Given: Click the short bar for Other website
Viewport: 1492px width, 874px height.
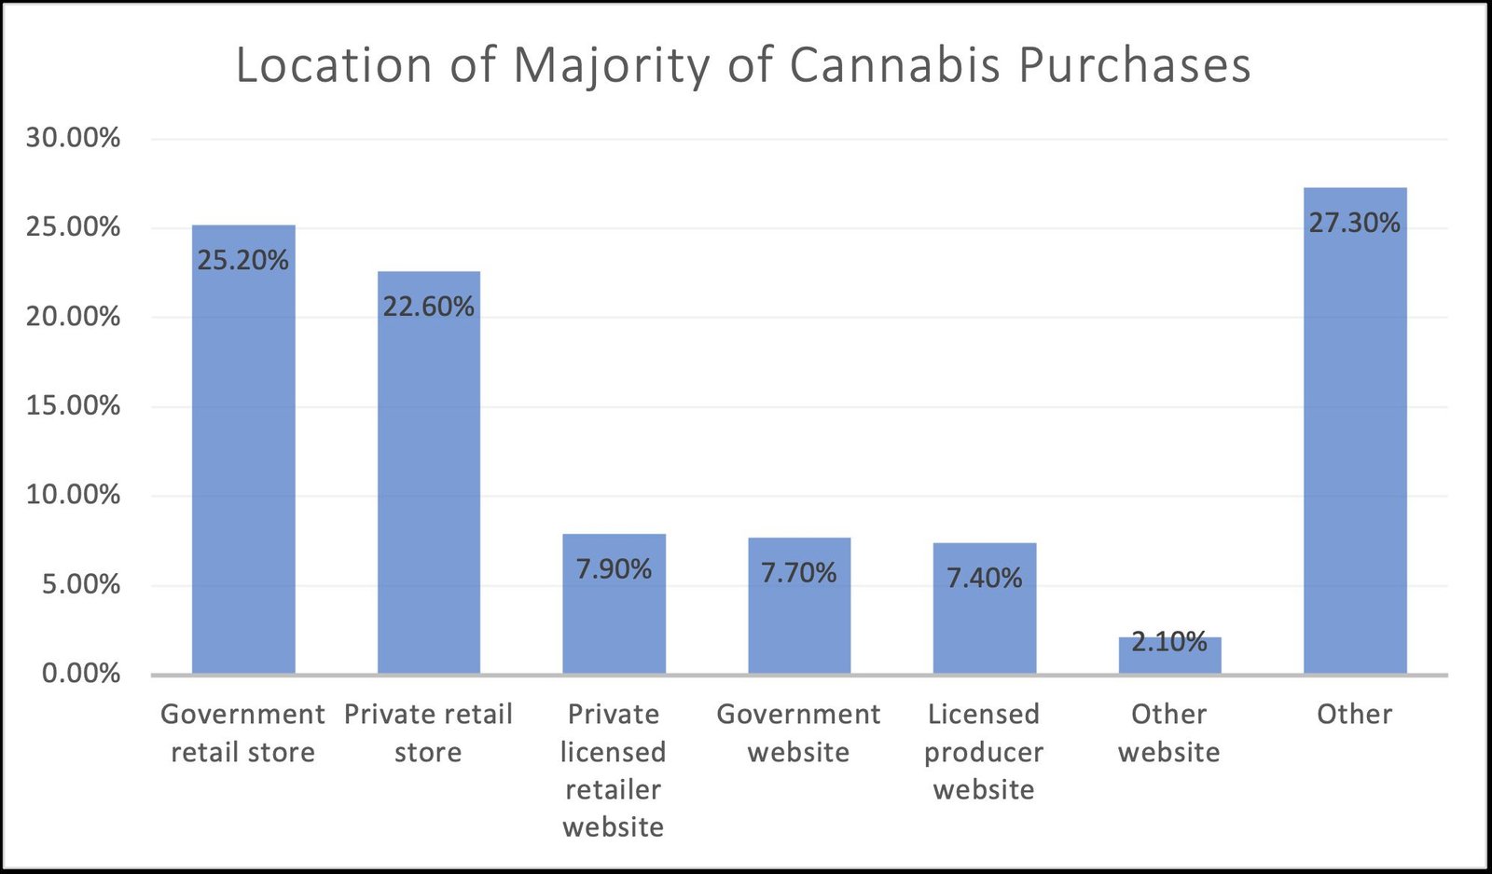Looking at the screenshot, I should (1169, 657).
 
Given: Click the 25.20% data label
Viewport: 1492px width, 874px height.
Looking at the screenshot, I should (243, 260).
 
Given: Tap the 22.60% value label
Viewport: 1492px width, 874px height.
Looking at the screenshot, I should (429, 307).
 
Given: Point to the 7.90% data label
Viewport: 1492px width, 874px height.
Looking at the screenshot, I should (614, 569).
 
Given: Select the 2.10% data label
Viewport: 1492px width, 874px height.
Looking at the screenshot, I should (1169, 641).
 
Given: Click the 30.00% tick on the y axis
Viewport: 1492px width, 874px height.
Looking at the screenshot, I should (73, 138).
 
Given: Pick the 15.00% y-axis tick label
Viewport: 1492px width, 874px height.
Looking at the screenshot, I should (73, 405).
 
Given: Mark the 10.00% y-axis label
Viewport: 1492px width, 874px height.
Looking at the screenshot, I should (73, 495).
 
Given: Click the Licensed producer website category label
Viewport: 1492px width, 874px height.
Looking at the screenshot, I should (984, 751).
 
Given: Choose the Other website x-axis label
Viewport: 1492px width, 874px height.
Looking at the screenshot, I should (1169, 732).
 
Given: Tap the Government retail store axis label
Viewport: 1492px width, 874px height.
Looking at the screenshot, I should (243, 732).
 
